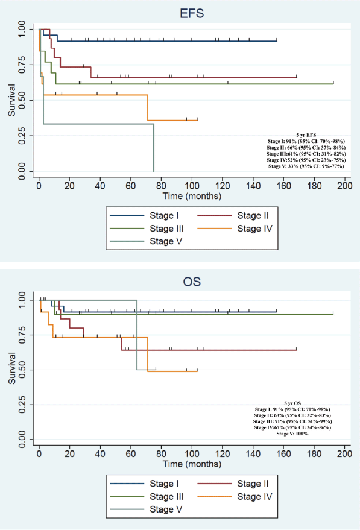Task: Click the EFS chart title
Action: tap(192, 13)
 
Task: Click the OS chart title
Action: tap(192, 282)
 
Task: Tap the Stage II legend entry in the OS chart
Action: tap(233, 484)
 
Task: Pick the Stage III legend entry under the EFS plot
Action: tap(147, 229)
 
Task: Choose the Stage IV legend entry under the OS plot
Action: tap(235, 497)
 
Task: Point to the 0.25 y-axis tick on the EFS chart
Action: tap(22, 136)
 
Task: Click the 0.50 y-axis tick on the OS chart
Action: tap(22, 370)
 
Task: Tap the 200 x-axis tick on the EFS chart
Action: tap(345, 185)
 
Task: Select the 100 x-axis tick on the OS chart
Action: tap(192, 453)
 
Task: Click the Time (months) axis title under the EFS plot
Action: tap(192, 196)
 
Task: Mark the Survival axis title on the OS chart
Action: tap(12, 368)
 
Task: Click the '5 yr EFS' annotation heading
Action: tap(306, 135)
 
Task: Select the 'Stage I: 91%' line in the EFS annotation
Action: tap(306, 141)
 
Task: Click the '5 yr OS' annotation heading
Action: tap(292, 403)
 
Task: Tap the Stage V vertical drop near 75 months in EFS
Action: tap(154, 148)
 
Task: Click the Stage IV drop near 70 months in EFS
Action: tap(148, 107)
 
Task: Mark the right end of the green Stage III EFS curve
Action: tap(333, 83)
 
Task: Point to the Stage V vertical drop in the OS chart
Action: tap(137, 335)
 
